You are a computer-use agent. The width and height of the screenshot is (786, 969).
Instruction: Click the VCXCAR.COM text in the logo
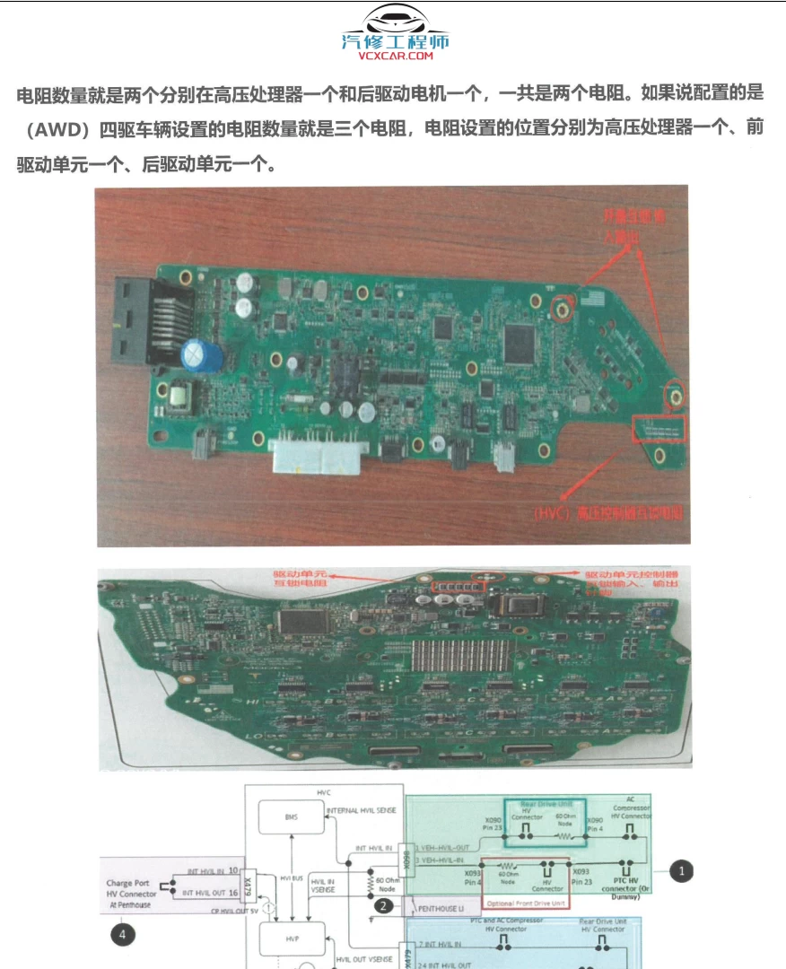pos(395,56)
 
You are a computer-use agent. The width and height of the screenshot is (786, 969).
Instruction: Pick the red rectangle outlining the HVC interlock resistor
pos(659,429)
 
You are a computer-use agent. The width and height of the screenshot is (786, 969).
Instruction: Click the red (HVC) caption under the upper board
pos(607,513)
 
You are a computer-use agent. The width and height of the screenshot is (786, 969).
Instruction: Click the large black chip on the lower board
pos(304,620)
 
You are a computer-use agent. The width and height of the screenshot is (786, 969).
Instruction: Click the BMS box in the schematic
pos(290,816)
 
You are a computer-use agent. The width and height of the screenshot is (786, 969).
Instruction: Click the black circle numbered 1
pos(683,870)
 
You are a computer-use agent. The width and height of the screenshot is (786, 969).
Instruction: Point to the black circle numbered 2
pos(383,905)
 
